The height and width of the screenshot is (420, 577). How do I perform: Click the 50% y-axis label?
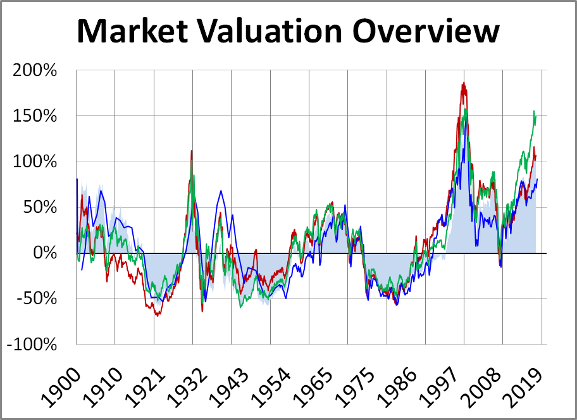click(41, 207)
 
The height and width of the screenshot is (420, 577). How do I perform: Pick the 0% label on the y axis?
click(46, 253)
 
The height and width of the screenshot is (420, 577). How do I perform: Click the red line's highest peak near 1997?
click(463, 83)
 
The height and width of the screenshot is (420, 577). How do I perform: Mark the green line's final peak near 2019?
click(534, 111)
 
